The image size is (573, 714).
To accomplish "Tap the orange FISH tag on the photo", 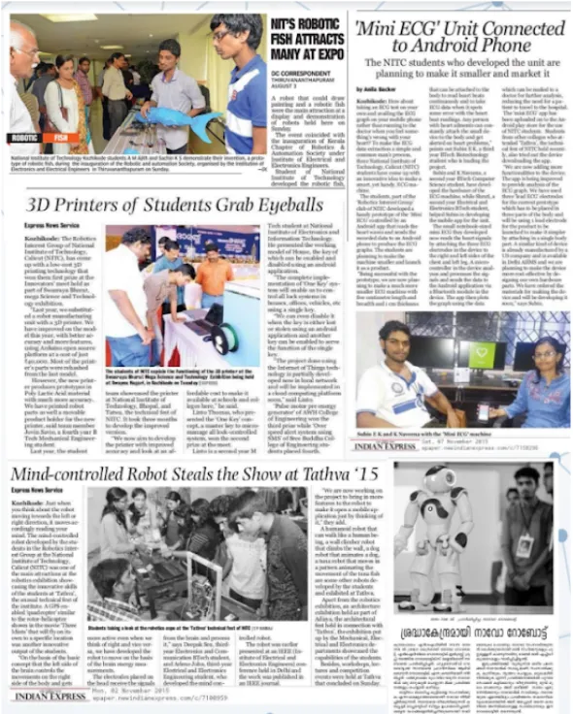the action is (x=60, y=137).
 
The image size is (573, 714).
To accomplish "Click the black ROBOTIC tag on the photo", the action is (x=25, y=137).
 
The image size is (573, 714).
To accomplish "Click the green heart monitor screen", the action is (x=482, y=355).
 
